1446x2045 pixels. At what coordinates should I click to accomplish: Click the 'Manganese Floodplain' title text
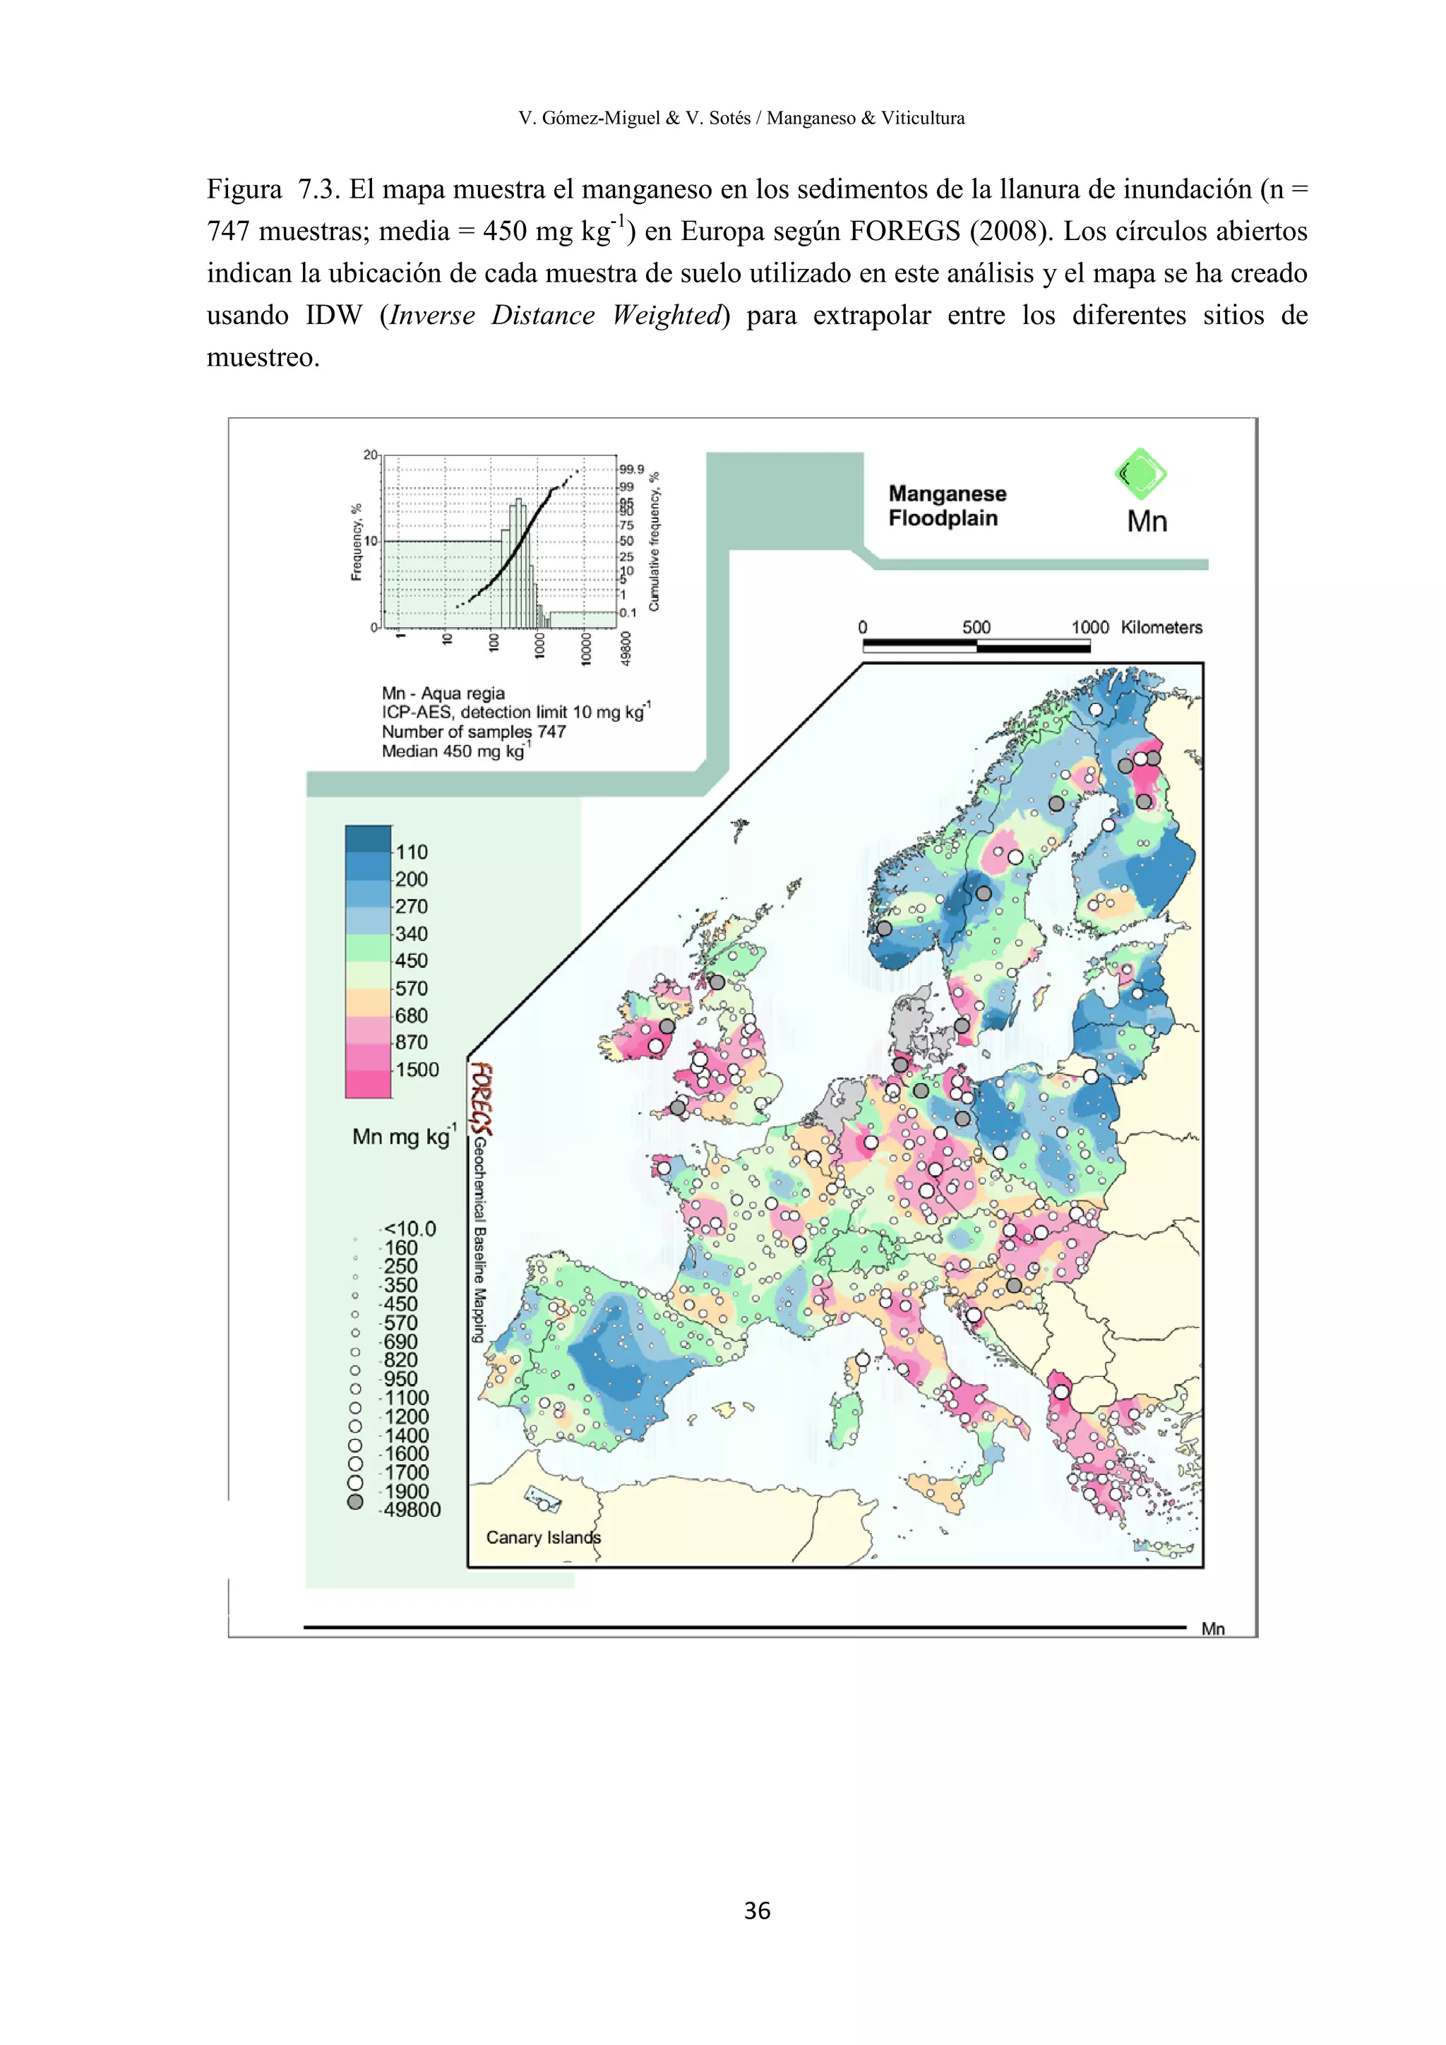coord(947,506)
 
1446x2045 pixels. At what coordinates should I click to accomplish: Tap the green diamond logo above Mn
coord(1140,474)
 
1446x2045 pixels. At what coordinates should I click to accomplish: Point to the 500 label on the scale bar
coord(976,627)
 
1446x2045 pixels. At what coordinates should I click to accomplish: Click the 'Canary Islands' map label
coord(543,1537)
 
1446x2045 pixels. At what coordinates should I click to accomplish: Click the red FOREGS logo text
coord(482,1098)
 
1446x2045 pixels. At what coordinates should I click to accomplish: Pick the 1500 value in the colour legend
coord(417,1070)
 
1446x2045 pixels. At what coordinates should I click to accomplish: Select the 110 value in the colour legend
coord(412,852)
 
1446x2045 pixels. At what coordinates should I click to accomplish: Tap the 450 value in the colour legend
coord(412,961)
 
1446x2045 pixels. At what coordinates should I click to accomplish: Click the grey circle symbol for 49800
coord(355,1502)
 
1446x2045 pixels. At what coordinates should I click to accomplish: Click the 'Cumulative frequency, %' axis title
coord(655,542)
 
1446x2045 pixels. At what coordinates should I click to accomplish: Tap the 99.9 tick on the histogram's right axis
coord(631,470)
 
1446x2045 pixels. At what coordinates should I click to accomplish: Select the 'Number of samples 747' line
coord(474,732)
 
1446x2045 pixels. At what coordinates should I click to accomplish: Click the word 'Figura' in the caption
coord(244,189)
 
